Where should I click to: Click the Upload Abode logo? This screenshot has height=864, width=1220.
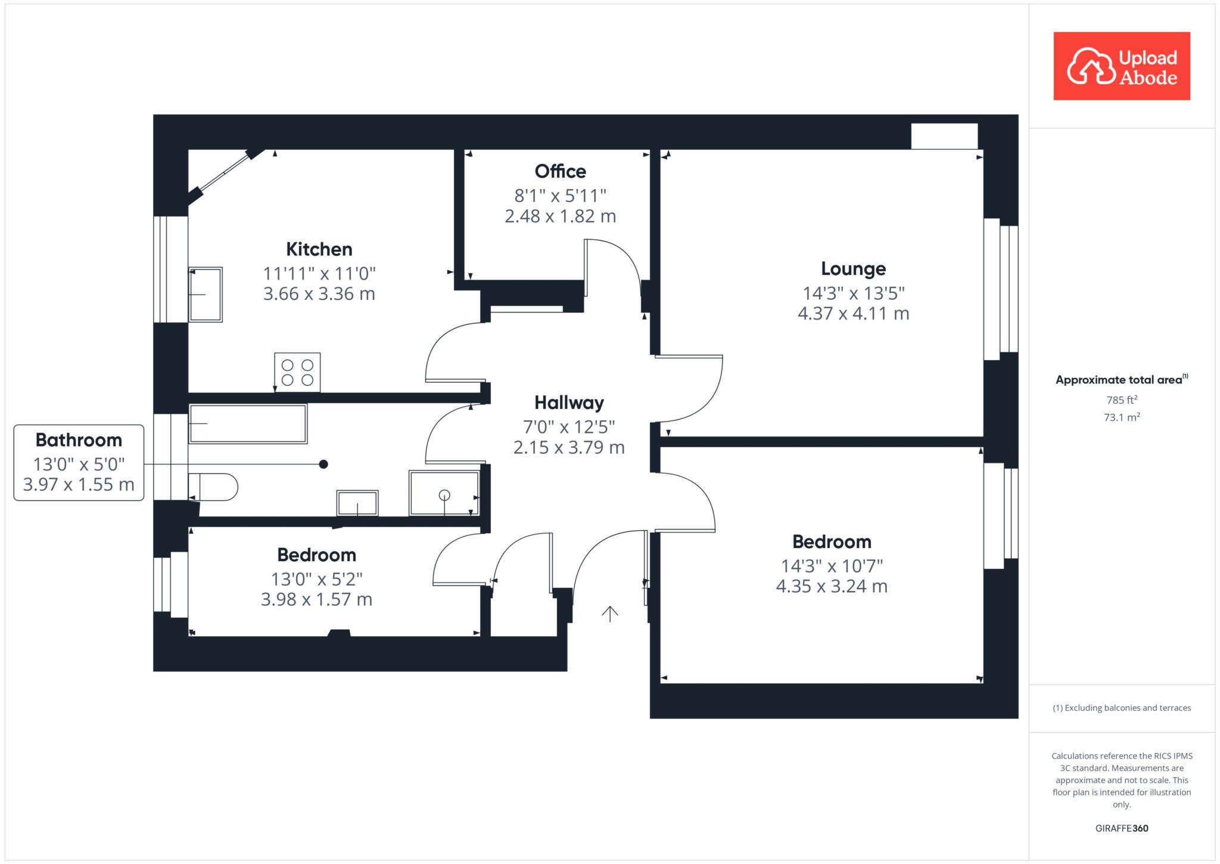(x=1122, y=66)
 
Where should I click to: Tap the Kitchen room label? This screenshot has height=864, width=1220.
(x=319, y=249)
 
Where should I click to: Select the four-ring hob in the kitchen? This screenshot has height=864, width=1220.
(x=297, y=372)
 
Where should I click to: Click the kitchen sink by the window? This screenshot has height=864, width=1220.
(x=206, y=295)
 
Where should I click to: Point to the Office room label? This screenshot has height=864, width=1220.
(x=561, y=172)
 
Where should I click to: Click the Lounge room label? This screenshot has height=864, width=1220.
(x=854, y=269)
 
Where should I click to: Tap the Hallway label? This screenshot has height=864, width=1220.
(x=569, y=402)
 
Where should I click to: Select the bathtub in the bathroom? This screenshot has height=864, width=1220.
(x=248, y=424)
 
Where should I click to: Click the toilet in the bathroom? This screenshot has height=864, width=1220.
(x=213, y=487)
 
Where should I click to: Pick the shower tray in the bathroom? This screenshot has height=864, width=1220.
(x=444, y=493)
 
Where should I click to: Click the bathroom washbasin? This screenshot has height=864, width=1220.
(x=357, y=503)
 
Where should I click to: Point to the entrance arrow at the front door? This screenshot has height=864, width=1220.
(x=609, y=614)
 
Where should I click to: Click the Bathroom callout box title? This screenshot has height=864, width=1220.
(x=79, y=440)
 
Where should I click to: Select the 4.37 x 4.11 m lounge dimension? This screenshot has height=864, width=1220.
(x=854, y=314)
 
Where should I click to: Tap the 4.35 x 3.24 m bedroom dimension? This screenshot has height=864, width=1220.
(x=832, y=587)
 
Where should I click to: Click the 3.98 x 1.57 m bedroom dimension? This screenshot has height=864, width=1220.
(x=317, y=600)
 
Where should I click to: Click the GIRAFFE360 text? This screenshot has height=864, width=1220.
(x=1122, y=828)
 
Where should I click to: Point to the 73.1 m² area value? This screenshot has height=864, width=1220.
(x=1122, y=417)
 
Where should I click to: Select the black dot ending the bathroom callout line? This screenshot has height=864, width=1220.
(x=323, y=464)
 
